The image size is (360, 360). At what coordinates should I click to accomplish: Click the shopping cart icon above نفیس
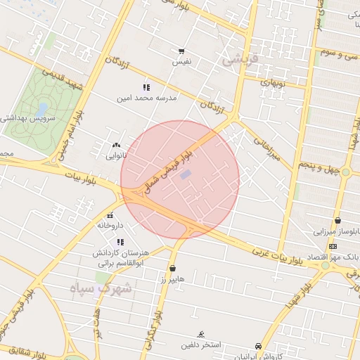click(181, 51)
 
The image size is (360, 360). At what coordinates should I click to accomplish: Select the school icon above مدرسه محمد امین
click(146, 87)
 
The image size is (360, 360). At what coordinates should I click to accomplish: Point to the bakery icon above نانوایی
click(116, 145)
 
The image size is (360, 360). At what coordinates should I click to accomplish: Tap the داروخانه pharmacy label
click(110, 226)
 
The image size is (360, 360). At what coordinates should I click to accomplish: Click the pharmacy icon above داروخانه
click(110, 216)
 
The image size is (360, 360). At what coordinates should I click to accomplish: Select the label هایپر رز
click(172, 278)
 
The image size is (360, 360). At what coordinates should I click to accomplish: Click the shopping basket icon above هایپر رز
click(173, 268)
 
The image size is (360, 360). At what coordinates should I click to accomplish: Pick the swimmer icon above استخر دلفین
click(202, 334)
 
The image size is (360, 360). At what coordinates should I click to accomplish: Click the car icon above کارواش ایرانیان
click(259, 346)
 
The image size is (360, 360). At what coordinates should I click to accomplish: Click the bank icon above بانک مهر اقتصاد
click(333, 246)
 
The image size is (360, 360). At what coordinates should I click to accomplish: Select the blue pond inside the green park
click(42, 109)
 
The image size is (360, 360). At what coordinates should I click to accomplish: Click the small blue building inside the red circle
click(186, 174)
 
